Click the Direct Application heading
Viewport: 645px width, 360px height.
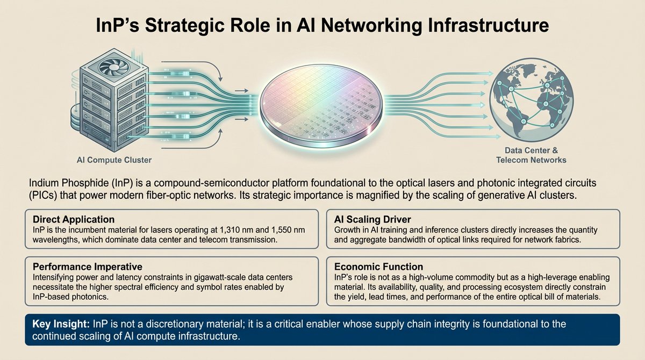pos(74,220)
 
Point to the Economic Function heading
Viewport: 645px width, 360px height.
pos(378,267)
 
